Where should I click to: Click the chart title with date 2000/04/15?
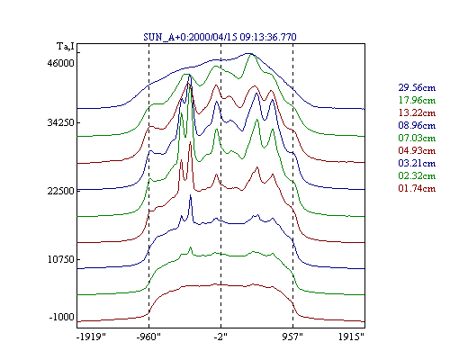220,37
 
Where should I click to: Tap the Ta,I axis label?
66,47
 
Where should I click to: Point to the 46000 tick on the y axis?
60,63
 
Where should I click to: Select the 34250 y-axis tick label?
60,122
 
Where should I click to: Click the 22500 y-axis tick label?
60,191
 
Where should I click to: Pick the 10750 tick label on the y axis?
60,259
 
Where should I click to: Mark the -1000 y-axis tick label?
61,317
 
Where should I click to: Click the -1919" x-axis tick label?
91,337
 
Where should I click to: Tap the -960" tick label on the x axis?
148,337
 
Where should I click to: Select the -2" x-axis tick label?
220,337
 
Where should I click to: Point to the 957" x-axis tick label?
292,337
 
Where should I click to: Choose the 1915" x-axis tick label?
351,337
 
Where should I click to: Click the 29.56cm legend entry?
417,87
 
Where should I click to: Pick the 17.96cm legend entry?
417,100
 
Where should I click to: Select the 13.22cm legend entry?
417,112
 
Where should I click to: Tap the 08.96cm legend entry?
417,125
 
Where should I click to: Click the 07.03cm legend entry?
417,138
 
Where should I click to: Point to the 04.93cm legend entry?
417,150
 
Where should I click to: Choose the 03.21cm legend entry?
417,163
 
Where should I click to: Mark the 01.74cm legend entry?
417,188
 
